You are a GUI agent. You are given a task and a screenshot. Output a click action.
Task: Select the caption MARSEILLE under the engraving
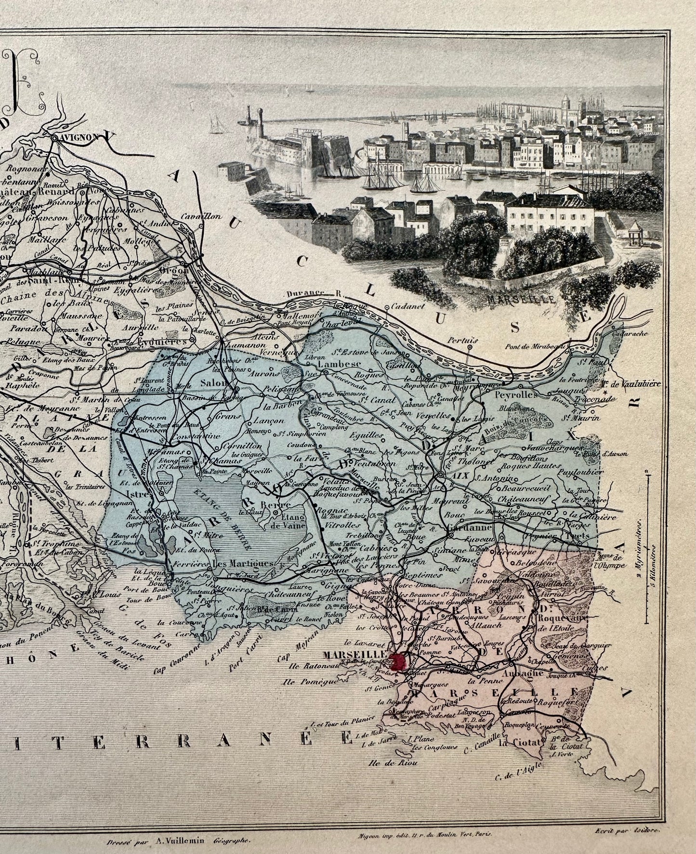pos(520,298)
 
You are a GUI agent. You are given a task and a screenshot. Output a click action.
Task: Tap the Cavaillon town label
pos(196,217)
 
